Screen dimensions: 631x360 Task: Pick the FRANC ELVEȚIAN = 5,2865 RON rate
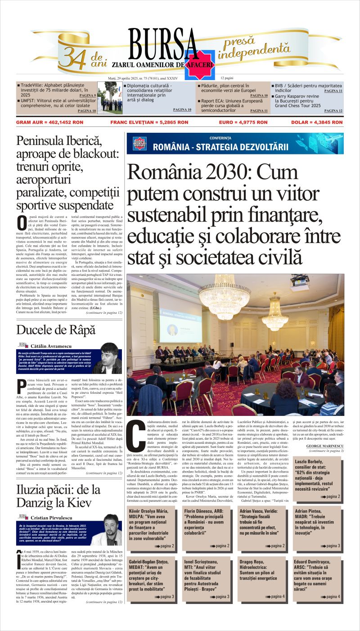pos(143,122)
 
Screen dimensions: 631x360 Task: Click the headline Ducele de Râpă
pos(56,329)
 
